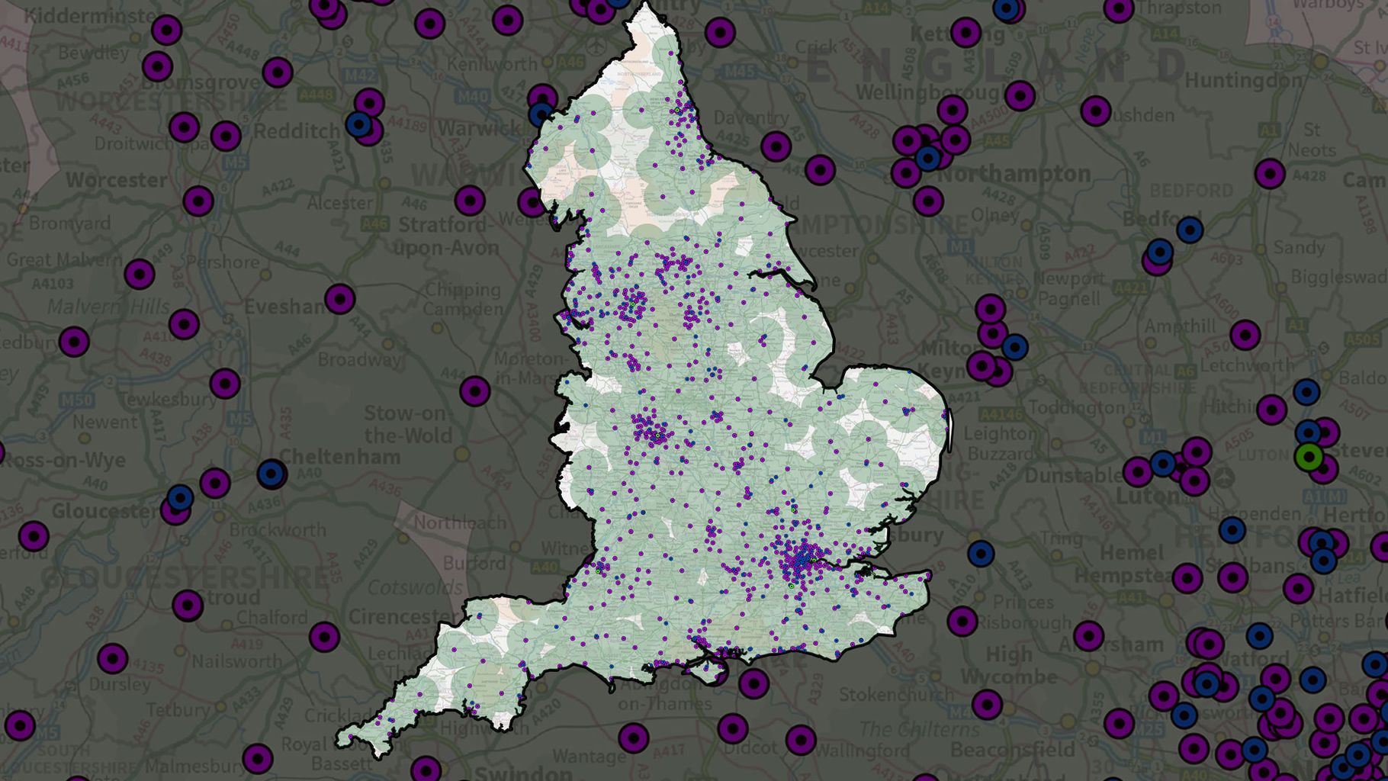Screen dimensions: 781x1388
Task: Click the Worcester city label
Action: tap(116, 181)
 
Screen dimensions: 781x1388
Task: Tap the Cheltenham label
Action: tap(340, 458)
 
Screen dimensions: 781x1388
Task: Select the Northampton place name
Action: tap(1014, 175)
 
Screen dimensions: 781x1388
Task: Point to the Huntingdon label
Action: tap(1243, 80)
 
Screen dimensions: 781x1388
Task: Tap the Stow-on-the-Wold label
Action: tap(408, 425)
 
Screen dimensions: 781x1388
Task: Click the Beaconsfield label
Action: tap(1013, 750)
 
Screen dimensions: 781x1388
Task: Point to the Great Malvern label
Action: tap(64, 259)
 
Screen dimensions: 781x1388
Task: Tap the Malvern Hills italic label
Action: tap(108, 307)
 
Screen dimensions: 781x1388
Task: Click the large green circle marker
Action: tap(1309, 458)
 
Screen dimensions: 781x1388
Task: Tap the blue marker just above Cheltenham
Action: tap(271, 474)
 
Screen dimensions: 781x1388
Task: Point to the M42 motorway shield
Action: tap(360, 76)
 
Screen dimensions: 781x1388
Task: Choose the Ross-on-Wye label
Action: tap(64, 461)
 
